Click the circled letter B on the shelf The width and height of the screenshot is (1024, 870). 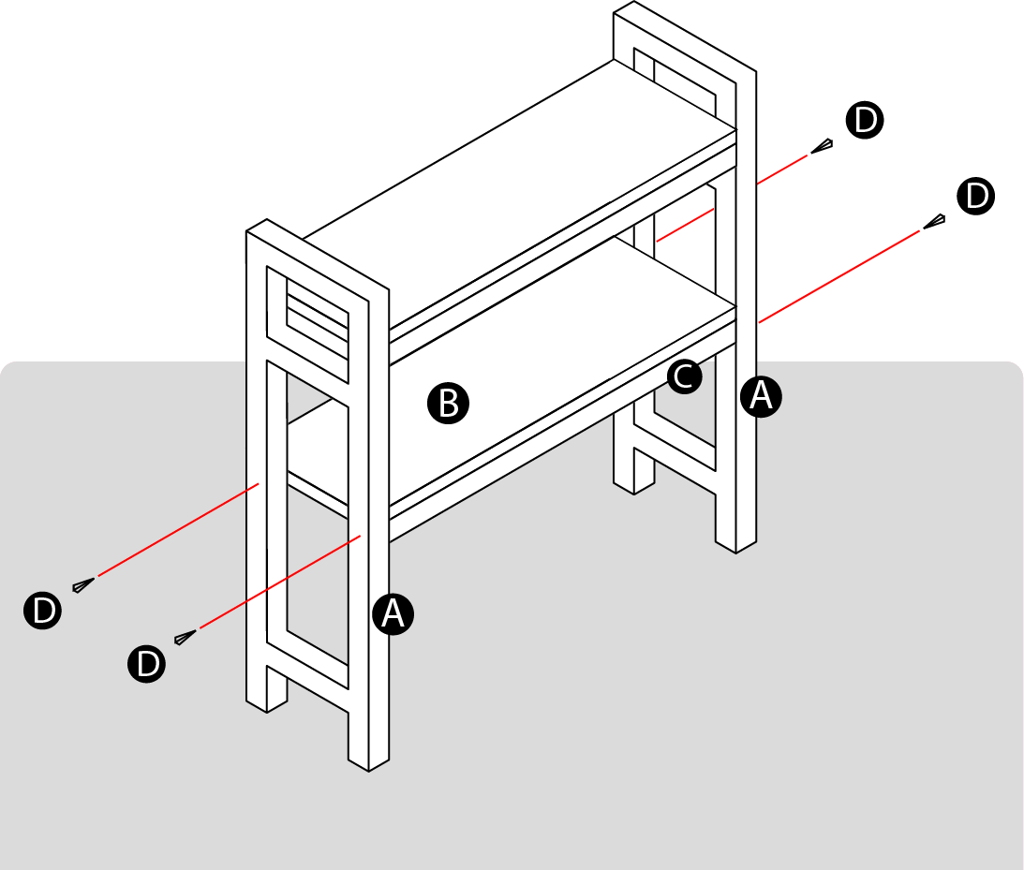[448, 404]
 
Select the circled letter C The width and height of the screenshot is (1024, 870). [684, 376]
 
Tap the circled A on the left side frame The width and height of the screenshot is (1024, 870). [393, 613]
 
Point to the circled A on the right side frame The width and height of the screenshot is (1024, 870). [760, 396]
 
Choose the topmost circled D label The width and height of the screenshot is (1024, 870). [864, 122]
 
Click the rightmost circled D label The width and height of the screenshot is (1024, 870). [976, 198]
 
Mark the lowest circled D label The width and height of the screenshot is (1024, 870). [147, 663]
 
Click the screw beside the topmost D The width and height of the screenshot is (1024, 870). [823, 146]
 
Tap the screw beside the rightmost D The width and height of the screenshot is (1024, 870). [934, 221]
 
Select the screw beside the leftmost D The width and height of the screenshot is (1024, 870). [83, 584]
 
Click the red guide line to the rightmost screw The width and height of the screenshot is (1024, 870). [838, 276]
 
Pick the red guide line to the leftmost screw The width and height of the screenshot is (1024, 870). [178, 530]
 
